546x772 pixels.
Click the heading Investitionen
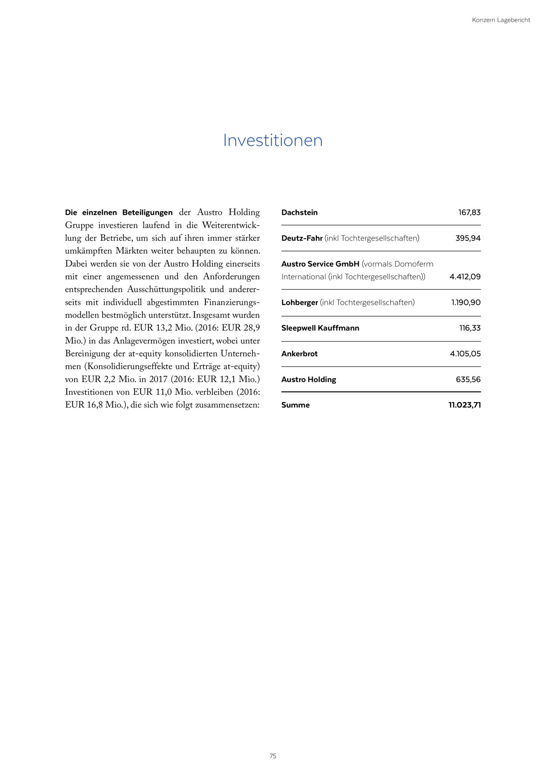273,141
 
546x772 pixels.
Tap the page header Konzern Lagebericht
501,20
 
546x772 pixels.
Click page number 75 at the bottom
273,756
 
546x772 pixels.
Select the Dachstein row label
299,212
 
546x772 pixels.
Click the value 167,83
469,212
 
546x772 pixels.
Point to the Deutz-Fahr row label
302,238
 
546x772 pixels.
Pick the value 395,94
468,238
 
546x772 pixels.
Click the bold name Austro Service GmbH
320,264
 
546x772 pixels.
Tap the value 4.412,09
465,277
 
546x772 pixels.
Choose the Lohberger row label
300,303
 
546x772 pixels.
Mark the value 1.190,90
466,303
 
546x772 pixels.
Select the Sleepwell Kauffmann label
320,328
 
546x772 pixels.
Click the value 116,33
470,328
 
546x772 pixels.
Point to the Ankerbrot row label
299,354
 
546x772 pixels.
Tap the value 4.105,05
465,354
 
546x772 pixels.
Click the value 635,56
468,379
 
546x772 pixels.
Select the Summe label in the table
295,405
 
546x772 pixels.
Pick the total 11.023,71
464,405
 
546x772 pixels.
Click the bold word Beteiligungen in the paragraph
147,213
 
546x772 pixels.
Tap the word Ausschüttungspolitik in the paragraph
166,289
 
